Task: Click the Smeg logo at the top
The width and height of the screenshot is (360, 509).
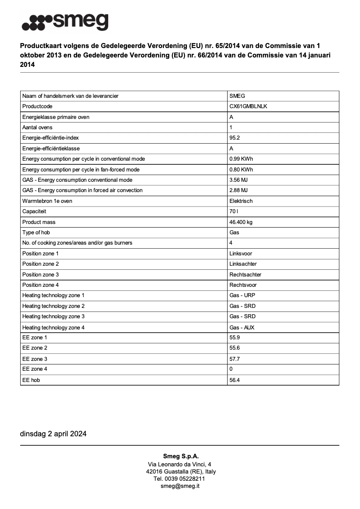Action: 65,22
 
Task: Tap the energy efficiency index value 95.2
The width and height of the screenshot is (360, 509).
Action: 234,138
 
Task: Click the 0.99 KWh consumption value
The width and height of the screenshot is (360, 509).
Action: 241,159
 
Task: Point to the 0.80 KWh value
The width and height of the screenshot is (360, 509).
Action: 241,170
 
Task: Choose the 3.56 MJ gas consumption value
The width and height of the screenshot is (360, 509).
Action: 238,180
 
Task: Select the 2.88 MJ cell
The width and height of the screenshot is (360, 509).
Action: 238,190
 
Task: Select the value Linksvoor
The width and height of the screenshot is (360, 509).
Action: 241,254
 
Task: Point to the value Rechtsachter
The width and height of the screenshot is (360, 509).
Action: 245,275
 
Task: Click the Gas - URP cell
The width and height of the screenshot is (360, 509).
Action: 242,295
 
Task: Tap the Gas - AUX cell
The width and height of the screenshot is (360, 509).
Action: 241,328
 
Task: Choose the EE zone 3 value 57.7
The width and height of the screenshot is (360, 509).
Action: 234,359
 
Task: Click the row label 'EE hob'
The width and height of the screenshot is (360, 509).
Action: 31,380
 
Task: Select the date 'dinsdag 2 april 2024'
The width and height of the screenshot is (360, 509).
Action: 53,434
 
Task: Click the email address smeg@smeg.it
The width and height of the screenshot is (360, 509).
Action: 180,486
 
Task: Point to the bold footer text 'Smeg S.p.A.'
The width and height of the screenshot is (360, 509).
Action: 180,456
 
